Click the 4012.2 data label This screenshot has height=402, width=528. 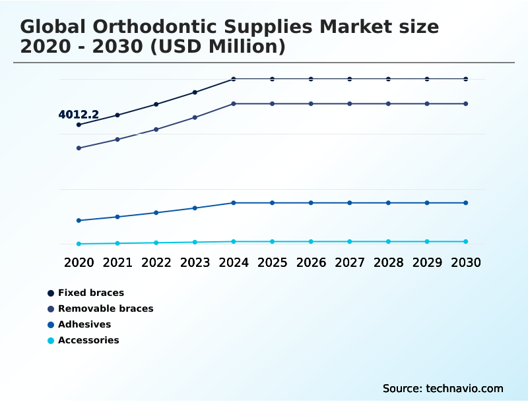(x=79, y=115)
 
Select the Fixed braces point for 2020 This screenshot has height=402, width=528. (x=79, y=125)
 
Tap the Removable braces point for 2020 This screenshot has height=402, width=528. (x=79, y=148)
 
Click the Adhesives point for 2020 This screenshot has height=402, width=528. (x=79, y=221)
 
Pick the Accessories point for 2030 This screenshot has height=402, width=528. (x=465, y=242)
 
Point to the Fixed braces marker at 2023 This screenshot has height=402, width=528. (x=195, y=92)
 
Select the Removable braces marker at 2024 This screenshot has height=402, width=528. (x=234, y=104)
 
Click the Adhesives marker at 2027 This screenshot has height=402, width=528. (x=350, y=203)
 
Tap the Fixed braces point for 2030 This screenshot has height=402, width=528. (x=465, y=79)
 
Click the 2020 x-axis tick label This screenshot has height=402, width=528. (x=79, y=262)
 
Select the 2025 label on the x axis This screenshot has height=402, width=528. (x=272, y=262)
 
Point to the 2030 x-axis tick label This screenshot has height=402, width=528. (x=465, y=262)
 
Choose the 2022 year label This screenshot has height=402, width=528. (x=156, y=262)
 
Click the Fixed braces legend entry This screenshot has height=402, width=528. (x=90, y=293)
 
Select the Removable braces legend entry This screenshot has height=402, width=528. (x=105, y=308)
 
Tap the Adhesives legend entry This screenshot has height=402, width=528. (x=84, y=324)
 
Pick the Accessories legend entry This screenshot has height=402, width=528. (x=88, y=340)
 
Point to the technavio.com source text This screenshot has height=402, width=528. (x=462, y=388)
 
